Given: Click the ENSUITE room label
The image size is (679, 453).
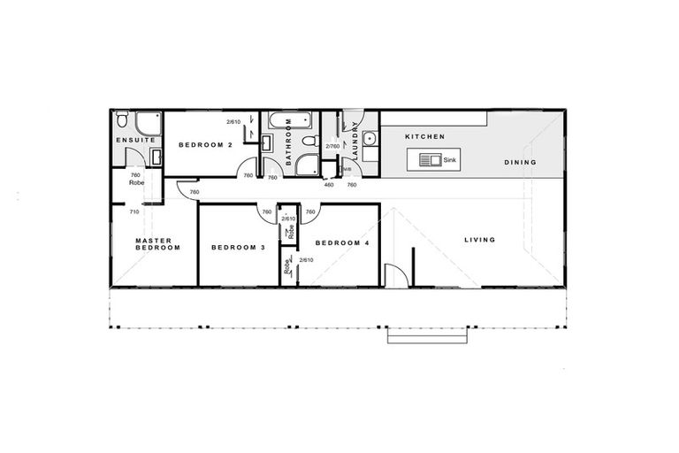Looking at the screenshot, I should [x=136, y=140].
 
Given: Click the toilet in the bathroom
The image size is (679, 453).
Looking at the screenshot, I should [x=308, y=141].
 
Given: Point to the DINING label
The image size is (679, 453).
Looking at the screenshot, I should [x=521, y=162].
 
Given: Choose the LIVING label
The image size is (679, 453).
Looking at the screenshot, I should [x=478, y=240].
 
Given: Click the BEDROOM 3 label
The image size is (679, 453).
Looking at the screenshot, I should [x=238, y=248].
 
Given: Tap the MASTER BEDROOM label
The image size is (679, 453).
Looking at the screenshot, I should [x=157, y=243].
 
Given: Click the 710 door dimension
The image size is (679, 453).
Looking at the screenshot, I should [x=134, y=212].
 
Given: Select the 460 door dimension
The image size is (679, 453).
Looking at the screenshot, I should [x=328, y=185].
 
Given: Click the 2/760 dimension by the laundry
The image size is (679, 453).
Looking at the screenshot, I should [x=332, y=146].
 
